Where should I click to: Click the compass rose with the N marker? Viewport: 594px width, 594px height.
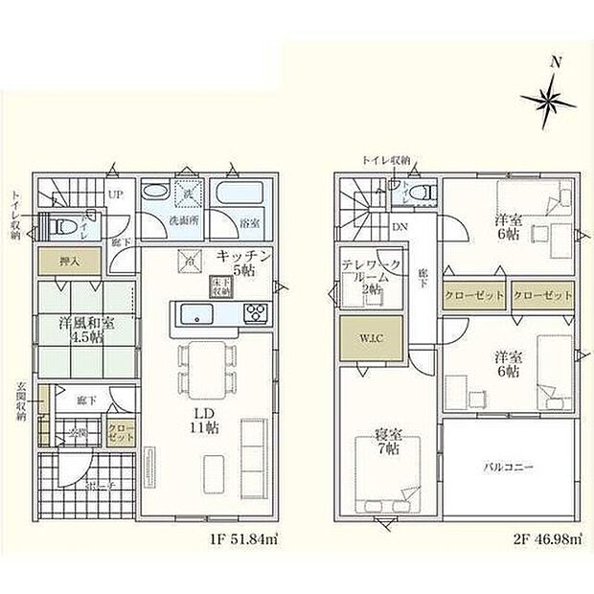click(x=550, y=98)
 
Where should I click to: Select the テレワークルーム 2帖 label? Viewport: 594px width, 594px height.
click(x=367, y=275)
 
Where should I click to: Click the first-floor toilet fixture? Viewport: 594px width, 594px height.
click(x=65, y=225)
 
